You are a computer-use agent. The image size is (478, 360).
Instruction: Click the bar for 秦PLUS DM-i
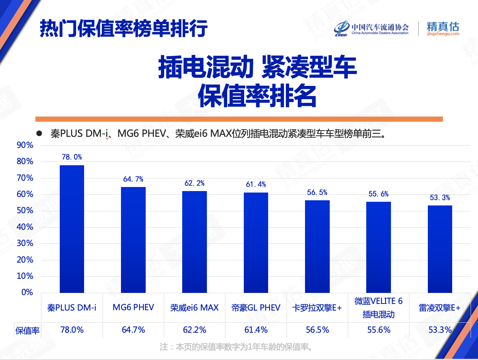(72, 229)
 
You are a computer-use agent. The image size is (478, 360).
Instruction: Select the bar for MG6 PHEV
(133, 240)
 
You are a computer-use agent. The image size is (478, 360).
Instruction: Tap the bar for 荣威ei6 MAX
(194, 242)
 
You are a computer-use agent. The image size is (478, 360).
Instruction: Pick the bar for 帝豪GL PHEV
(256, 242)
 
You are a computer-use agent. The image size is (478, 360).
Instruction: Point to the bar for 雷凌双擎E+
(440, 249)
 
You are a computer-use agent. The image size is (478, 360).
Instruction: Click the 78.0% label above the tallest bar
(72, 157)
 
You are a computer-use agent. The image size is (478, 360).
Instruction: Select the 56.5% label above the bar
(317, 193)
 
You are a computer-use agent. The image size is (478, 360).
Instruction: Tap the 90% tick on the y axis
(25, 145)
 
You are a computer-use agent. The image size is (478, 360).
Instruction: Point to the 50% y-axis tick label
(25, 211)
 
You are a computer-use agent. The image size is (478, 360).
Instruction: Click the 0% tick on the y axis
(27, 292)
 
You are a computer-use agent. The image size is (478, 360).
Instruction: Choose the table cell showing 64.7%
(133, 330)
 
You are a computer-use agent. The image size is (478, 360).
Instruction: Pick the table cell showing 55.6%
(379, 330)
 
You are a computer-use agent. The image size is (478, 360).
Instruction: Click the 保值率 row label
(27, 331)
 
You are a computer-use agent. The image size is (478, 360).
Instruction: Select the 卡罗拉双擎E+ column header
(317, 308)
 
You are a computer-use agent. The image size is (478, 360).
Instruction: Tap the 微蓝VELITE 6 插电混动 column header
(379, 308)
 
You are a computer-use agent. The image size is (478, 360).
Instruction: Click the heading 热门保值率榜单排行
(124, 28)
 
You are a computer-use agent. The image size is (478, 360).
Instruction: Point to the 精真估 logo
(443, 28)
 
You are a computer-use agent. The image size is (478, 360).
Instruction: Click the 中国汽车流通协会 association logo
(372, 28)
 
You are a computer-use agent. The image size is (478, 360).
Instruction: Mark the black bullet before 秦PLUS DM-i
(39, 134)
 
